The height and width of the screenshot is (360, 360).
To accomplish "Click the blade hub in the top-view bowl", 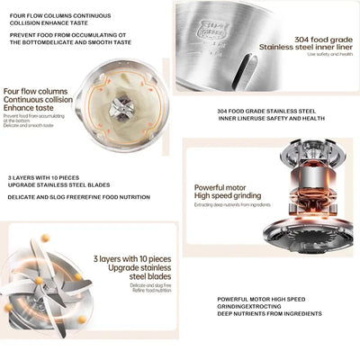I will coord(121,110).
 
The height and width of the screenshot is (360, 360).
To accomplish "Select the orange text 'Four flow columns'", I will coord(35,91).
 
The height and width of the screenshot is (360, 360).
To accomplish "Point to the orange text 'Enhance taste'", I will coord(28,107).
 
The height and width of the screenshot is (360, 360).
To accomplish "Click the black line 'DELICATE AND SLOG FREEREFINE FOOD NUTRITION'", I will coord(78,198).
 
